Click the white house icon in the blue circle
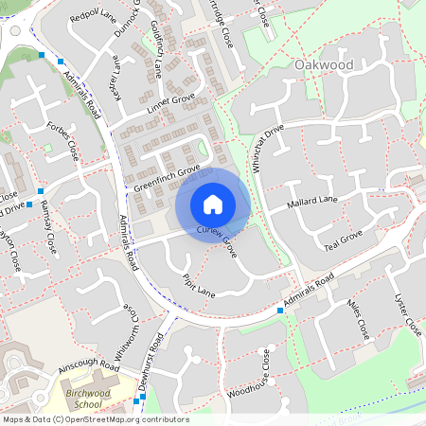coord(213,204)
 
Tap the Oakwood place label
coord(324,64)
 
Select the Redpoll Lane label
coord(91,15)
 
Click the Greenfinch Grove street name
coord(167,177)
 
